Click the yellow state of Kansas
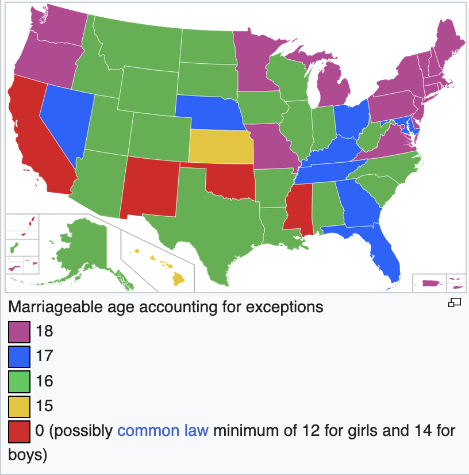pos(220,147)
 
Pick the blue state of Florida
pos(383,253)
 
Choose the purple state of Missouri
pos(270,147)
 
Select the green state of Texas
pos(213,230)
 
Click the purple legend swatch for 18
pos(19,332)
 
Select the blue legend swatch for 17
pos(19,357)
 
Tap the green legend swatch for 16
pos(19,381)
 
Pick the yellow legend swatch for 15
pos(19,407)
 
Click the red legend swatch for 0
pos(19,432)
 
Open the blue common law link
pos(163,431)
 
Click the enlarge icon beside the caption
pos(455,303)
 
